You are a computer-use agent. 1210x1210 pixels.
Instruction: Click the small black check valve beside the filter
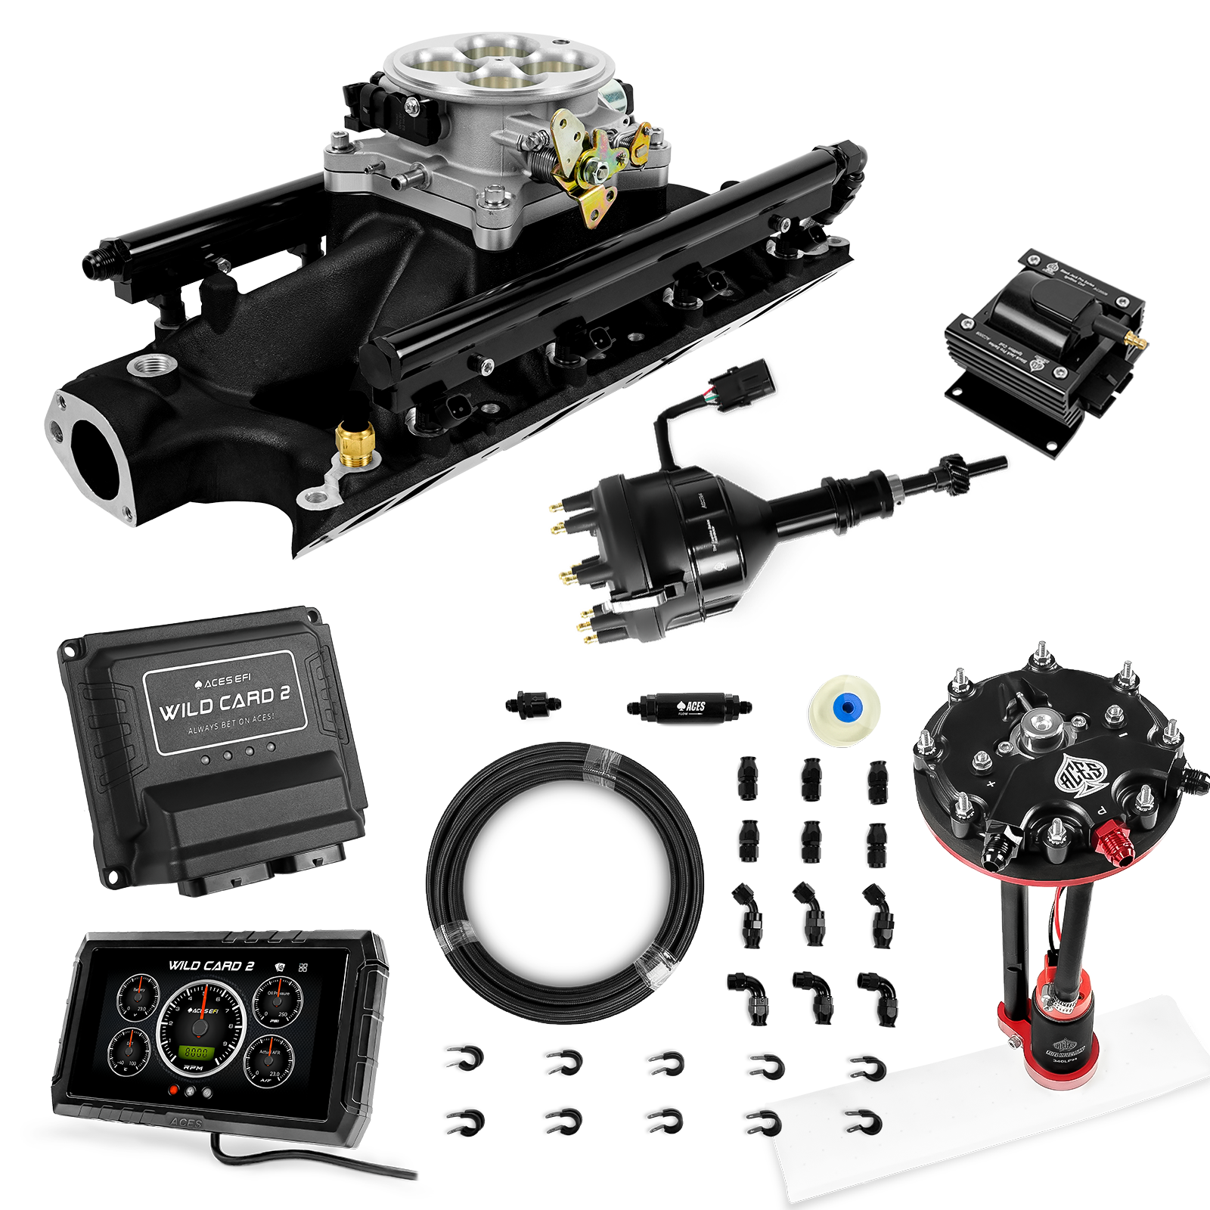click(x=534, y=705)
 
